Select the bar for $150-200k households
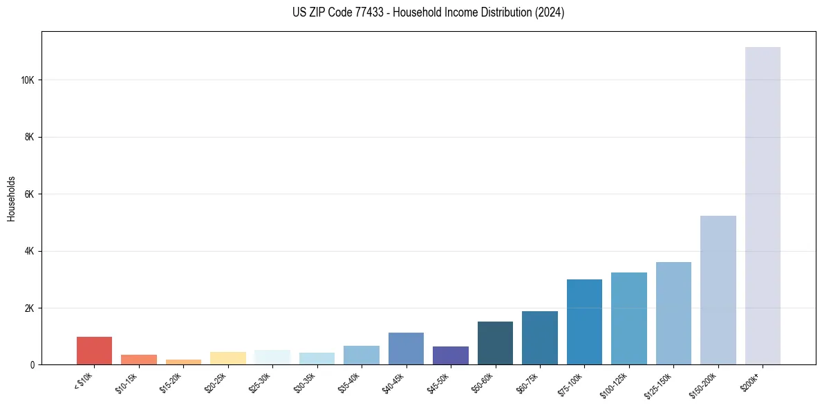(x=718, y=290)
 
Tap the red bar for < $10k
(x=95, y=351)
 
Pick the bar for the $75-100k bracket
(x=584, y=322)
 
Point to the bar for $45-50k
(x=451, y=355)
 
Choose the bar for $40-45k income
(x=406, y=349)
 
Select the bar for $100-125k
(x=629, y=318)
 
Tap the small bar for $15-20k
(x=183, y=362)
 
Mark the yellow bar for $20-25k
(x=228, y=358)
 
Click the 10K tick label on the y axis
(x=28, y=80)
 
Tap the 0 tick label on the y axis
(x=32, y=364)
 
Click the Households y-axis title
(x=11, y=198)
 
